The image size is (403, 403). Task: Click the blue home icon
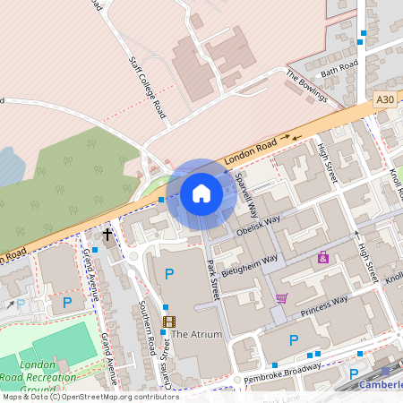pos(201,193)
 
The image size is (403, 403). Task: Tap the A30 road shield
pos(384,98)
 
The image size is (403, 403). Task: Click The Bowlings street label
pos(307,85)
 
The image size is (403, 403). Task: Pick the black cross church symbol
pos(108,235)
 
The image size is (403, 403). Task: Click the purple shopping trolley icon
pos(282,298)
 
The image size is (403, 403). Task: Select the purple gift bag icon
pos(323,257)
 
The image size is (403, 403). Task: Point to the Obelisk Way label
pos(259,223)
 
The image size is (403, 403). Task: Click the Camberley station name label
pos(381,385)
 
